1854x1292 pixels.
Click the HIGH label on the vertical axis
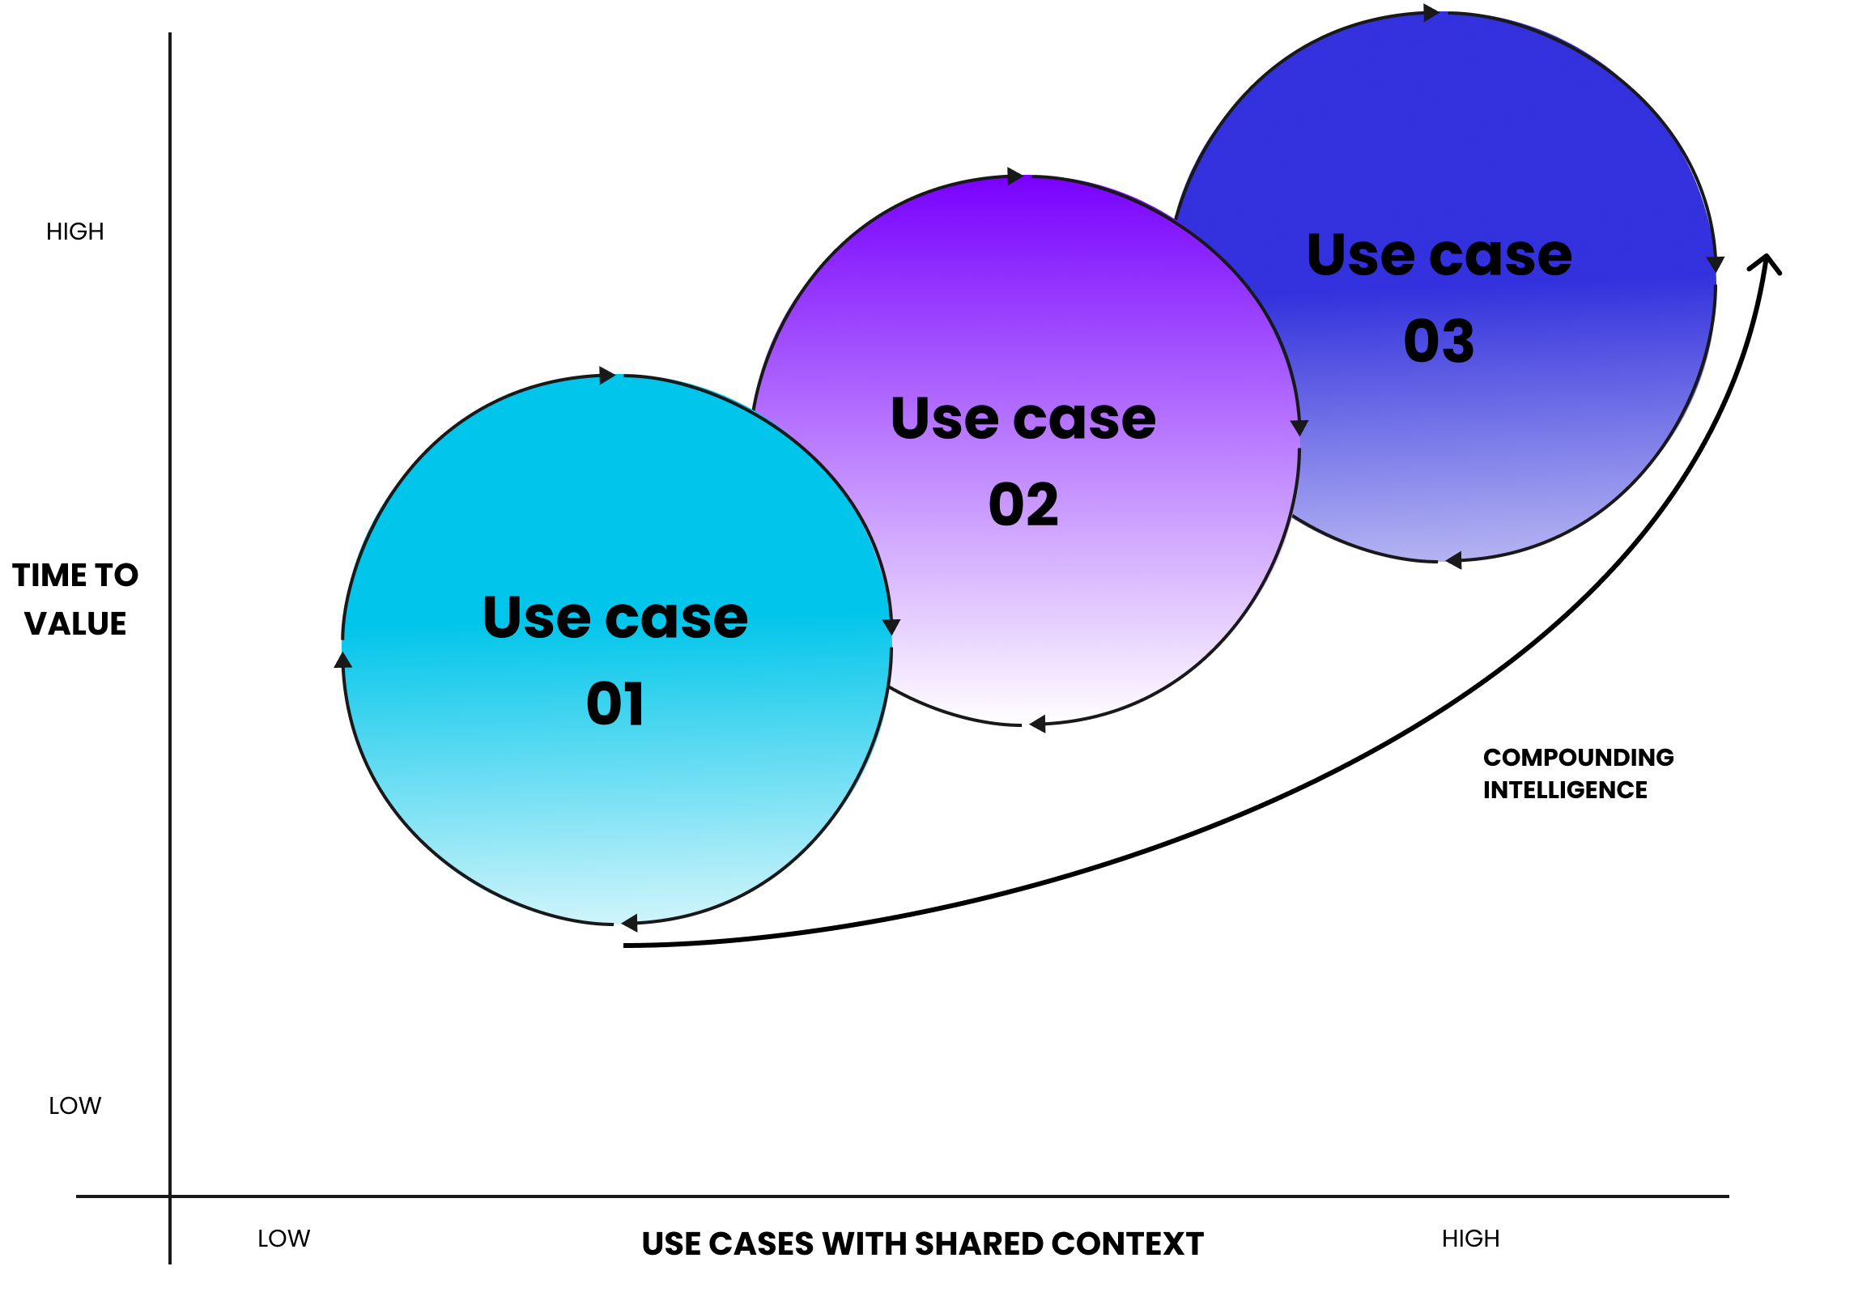[x=75, y=232]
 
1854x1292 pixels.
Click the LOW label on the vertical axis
[x=75, y=1106]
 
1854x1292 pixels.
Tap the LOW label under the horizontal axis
[x=283, y=1239]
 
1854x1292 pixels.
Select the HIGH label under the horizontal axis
[x=1470, y=1239]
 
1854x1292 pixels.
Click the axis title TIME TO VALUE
[x=75, y=599]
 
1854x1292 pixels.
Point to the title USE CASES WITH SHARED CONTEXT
[x=923, y=1244]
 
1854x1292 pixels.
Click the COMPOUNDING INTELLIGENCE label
[x=1578, y=773]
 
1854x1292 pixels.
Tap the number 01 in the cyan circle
[x=615, y=703]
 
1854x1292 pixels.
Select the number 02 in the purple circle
[x=1023, y=504]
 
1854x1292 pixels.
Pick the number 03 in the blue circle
[x=1439, y=341]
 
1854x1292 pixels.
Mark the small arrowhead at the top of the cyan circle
[x=607, y=376]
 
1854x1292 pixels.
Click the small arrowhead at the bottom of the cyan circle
[x=630, y=922]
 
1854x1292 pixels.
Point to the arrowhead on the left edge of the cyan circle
[x=343, y=660]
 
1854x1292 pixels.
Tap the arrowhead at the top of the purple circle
[x=1015, y=176]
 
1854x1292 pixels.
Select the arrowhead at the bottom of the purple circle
[x=1038, y=725]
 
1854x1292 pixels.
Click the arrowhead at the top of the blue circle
[x=1431, y=13]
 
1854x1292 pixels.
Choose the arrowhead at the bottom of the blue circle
[x=1454, y=560]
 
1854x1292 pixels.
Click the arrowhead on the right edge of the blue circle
[x=1715, y=265]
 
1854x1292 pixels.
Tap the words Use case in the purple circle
[x=1023, y=419]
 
